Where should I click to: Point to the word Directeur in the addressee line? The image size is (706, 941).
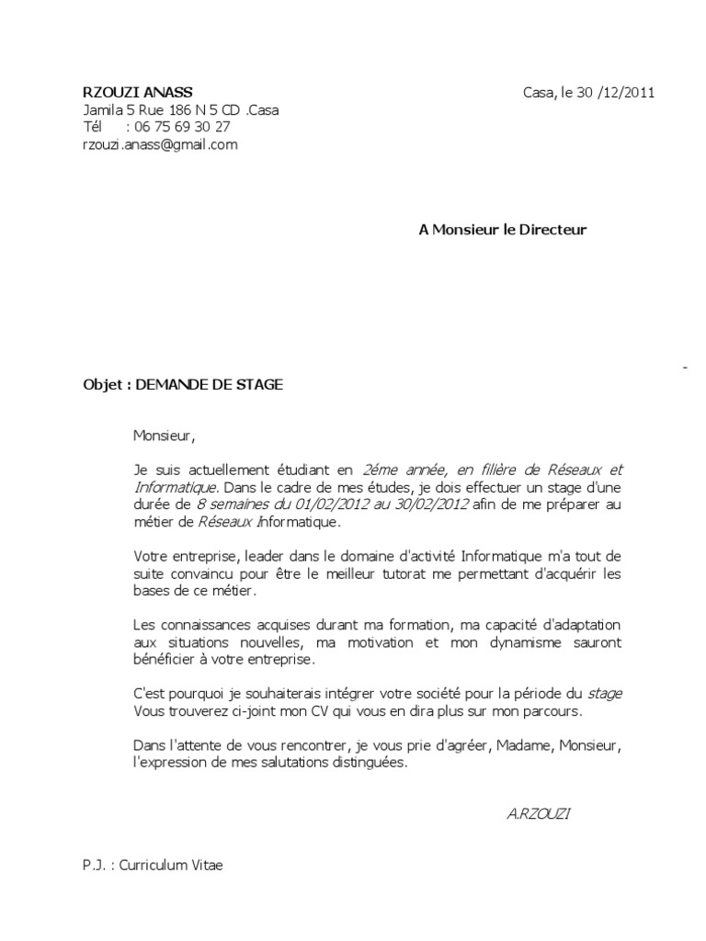pos(549,230)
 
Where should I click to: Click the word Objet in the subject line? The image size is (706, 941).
pos(102,386)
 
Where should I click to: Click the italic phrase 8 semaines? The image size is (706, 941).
pos(230,505)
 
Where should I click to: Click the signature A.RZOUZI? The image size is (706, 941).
pos(538,814)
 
